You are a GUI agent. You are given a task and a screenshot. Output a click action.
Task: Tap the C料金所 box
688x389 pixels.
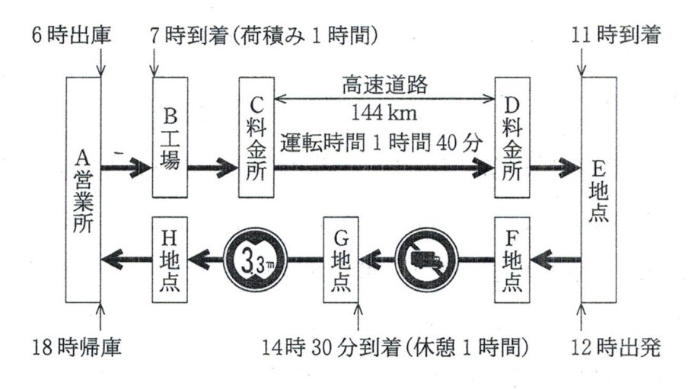click(256, 136)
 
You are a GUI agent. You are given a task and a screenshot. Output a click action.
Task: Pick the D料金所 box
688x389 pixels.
click(512, 136)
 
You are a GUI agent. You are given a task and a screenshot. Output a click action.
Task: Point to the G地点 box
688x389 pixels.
click(340, 259)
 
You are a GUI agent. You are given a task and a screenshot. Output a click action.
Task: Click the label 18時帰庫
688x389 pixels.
click(74, 348)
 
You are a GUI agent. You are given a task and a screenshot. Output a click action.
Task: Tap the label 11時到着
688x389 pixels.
click(618, 34)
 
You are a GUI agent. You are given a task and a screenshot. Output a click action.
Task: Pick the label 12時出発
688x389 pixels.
click(618, 348)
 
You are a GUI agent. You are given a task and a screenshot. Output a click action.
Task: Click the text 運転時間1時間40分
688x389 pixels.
click(384, 142)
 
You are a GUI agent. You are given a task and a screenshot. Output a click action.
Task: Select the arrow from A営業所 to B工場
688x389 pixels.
click(126, 164)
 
